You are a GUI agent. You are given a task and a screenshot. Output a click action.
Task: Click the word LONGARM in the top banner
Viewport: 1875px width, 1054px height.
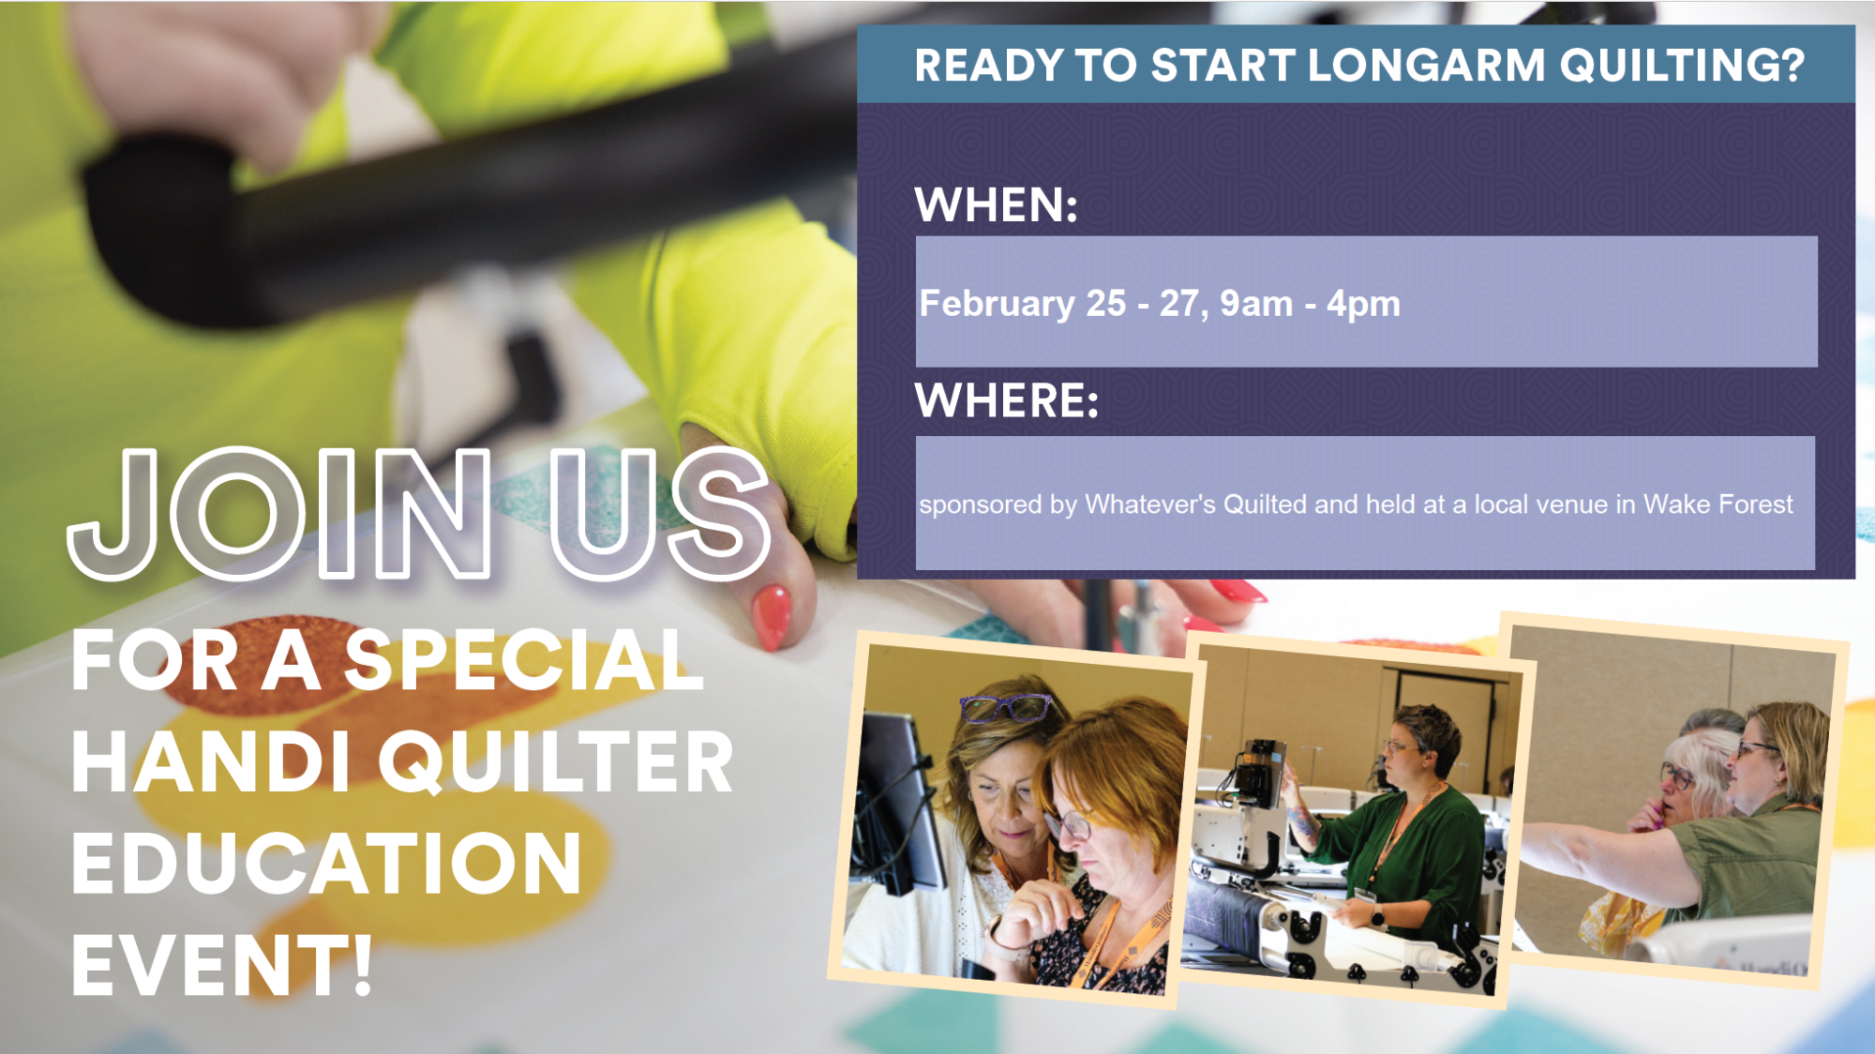[1426, 66]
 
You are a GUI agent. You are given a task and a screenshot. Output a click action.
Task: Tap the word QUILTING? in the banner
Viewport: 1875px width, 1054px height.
[1682, 66]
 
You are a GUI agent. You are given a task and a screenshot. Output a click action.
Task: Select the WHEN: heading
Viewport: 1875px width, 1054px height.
[997, 204]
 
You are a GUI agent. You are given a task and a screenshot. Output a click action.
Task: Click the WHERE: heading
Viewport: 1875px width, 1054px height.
[1007, 400]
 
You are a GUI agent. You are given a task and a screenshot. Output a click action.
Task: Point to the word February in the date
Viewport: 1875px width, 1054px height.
[997, 305]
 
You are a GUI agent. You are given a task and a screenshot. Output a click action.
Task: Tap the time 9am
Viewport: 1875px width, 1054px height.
[1256, 305]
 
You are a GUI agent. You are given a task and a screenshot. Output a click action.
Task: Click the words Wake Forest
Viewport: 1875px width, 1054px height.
[1717, 504]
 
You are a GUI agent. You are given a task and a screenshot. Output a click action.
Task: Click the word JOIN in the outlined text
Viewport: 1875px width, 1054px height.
[279, 513]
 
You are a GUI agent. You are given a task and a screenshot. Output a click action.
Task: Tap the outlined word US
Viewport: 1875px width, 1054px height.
[658, 513]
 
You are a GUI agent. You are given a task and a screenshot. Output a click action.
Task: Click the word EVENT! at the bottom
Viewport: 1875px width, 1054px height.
[222, 965]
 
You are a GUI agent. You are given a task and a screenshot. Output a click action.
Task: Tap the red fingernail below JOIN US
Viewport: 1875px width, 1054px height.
[772, 617]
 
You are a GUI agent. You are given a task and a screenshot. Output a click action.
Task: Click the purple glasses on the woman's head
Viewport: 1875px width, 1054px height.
[1004, 707]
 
